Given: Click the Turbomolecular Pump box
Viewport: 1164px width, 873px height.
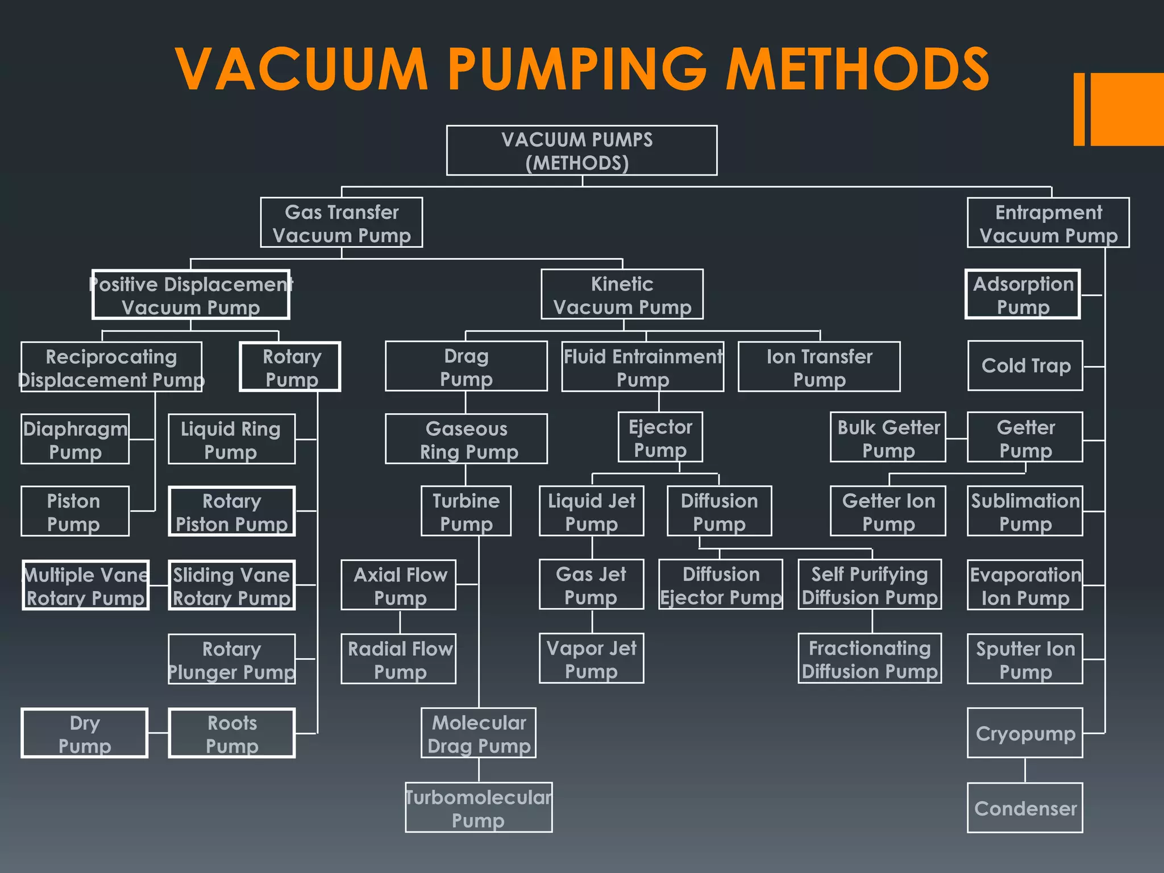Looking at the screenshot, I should coord(479,808).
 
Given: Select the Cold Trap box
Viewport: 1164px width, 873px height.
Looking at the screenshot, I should coord(1025,365).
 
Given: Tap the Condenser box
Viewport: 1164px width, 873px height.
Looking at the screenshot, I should coord(1025,808).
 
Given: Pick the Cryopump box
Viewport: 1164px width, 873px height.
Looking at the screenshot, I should coord(1025,733).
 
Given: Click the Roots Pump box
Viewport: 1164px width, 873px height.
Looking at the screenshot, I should coord(232,733).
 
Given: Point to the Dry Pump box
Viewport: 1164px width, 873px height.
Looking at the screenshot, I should coord(85,733).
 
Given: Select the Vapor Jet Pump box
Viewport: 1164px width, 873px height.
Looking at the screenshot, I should coord(591,659).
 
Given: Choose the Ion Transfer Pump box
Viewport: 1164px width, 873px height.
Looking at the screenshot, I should coord(819,367).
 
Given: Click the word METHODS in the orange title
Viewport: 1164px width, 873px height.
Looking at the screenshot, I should coord(858,69).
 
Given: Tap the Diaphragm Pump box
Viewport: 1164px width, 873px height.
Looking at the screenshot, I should coord(75,439).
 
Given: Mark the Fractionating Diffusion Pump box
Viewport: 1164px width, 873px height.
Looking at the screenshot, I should coord(870,659).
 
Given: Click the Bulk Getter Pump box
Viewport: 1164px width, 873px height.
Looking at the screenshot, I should coord(888,438).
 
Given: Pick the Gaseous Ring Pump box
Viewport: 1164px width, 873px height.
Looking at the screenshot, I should coord(466,439).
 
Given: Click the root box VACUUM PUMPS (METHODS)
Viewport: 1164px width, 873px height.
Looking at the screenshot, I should coord(581,151).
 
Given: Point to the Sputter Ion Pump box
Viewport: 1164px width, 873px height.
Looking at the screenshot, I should coord(1025,659).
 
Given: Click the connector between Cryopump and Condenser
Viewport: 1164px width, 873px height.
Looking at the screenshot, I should coord(1025,770).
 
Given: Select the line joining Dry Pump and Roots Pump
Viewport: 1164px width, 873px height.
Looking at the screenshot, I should coord(158,733).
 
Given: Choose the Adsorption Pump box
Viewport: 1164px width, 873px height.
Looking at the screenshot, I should coord(1022,294).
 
